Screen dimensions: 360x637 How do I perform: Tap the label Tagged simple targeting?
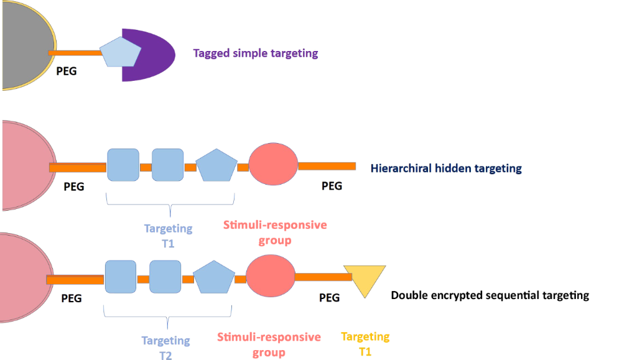click(x=256, y=53)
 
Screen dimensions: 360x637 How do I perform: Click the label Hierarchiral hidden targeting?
click(x=446, y=168)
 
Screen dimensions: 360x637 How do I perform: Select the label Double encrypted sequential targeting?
click(x=490, y=295)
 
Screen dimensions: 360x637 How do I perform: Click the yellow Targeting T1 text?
click(x=365, y=343)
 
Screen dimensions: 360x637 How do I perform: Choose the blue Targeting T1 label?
click(x=168, y=236)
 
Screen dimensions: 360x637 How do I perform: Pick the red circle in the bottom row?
click(x=271, y=276)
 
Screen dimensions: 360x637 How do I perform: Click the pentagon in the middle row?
click(x=216, y=165)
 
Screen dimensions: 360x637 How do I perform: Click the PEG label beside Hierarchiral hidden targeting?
click(x=332, y=185)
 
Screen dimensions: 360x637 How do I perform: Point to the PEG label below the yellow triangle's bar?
click(x=329, y=297)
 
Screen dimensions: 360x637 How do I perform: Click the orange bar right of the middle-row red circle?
click(x=327, y=166)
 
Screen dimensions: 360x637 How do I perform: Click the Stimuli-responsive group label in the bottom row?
click(x=269, y=344)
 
